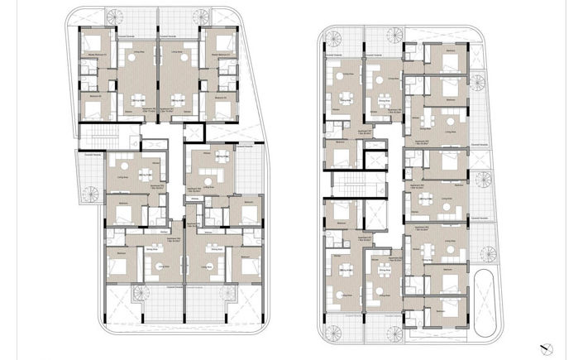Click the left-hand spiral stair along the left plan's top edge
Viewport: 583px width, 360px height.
(x=113, y=17)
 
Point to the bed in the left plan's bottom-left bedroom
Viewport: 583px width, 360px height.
(x=120, y=266)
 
